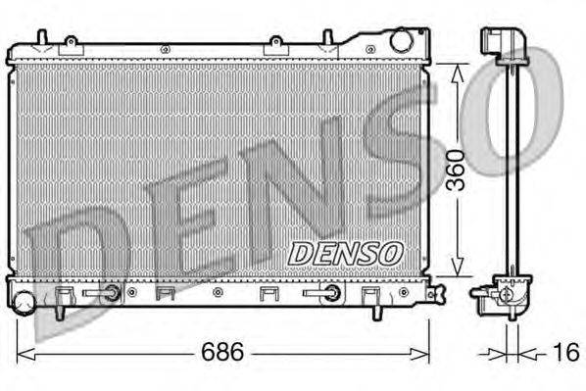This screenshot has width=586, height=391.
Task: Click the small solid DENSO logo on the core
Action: pyautogui.click(x=345, y=253)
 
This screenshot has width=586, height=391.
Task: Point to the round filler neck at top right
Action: pyautogui.click(x=401, y=41)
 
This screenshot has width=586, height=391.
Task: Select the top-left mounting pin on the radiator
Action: pyautogui.click(x=40, y=38)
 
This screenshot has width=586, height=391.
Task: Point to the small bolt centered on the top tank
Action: pyautogui.click(x=164, y=48)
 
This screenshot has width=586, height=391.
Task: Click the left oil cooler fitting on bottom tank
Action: pyautogui.click(x=112, y=292)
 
